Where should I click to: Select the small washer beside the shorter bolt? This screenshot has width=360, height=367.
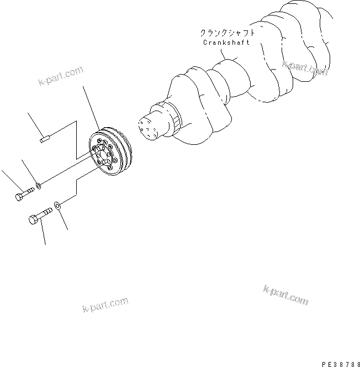click(38, 185)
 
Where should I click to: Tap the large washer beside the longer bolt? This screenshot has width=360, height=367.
click(59, 206)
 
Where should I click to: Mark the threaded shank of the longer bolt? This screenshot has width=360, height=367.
click(46, 211)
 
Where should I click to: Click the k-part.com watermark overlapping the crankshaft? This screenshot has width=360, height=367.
click(305, 68)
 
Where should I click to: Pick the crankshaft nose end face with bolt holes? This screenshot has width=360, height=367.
click(146, 128)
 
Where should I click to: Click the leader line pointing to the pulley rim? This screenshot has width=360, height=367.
click(92, 108)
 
